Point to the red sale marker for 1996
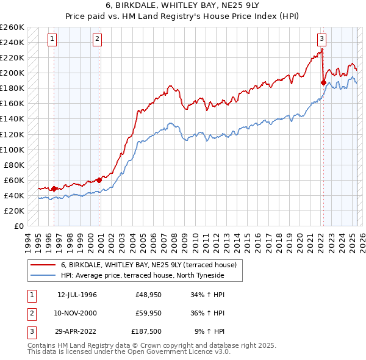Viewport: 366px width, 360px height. click(54, 189)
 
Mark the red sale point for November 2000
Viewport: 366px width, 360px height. click(99, 180)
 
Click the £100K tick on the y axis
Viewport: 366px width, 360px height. click(12, 149)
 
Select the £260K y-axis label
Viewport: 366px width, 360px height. click(12, 27)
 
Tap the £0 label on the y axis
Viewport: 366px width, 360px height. click(18, 226)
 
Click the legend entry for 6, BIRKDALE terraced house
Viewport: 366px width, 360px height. click(152, 265)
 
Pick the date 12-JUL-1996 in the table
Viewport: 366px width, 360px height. click(77, 295)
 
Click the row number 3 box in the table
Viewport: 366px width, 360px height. click(31, 331)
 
